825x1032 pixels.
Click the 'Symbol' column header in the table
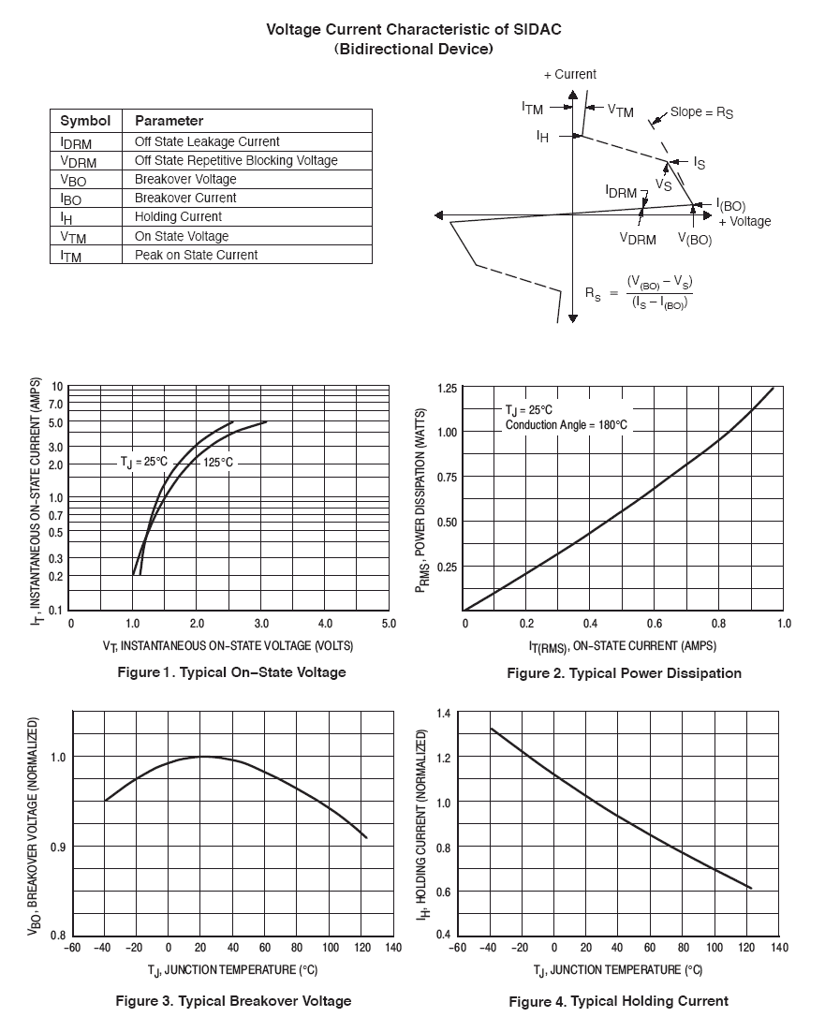click(x=85, y=121)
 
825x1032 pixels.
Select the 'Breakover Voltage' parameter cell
click(x=185, y=179)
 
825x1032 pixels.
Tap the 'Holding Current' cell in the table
click(x=178, y=216)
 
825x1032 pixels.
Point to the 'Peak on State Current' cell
click(x=196, y=255)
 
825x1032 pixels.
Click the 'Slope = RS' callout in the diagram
click(x=701, y=112)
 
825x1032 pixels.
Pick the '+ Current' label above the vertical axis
click(x=569, y=74)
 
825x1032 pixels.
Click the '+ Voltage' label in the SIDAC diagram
click(x=744, y=222)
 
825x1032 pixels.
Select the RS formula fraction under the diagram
click(x=659, y=292)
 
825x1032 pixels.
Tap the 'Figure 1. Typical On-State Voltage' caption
click(x=231, y=672)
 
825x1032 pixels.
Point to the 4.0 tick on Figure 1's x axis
click(x=325, y=624)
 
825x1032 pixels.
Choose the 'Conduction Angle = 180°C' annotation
click(x=566, y=425)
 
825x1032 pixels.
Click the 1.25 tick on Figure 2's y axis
click(x=447, y=388)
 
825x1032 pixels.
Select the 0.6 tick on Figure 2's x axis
click(x=655, y=624)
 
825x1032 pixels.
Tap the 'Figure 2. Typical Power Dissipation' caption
click(x=624, y=673)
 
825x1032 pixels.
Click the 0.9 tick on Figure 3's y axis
click(x=58, y=847)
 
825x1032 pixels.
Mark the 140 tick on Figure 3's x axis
click(x=392, y=948)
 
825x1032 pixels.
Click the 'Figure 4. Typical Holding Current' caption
click(x=618, y=1002)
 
